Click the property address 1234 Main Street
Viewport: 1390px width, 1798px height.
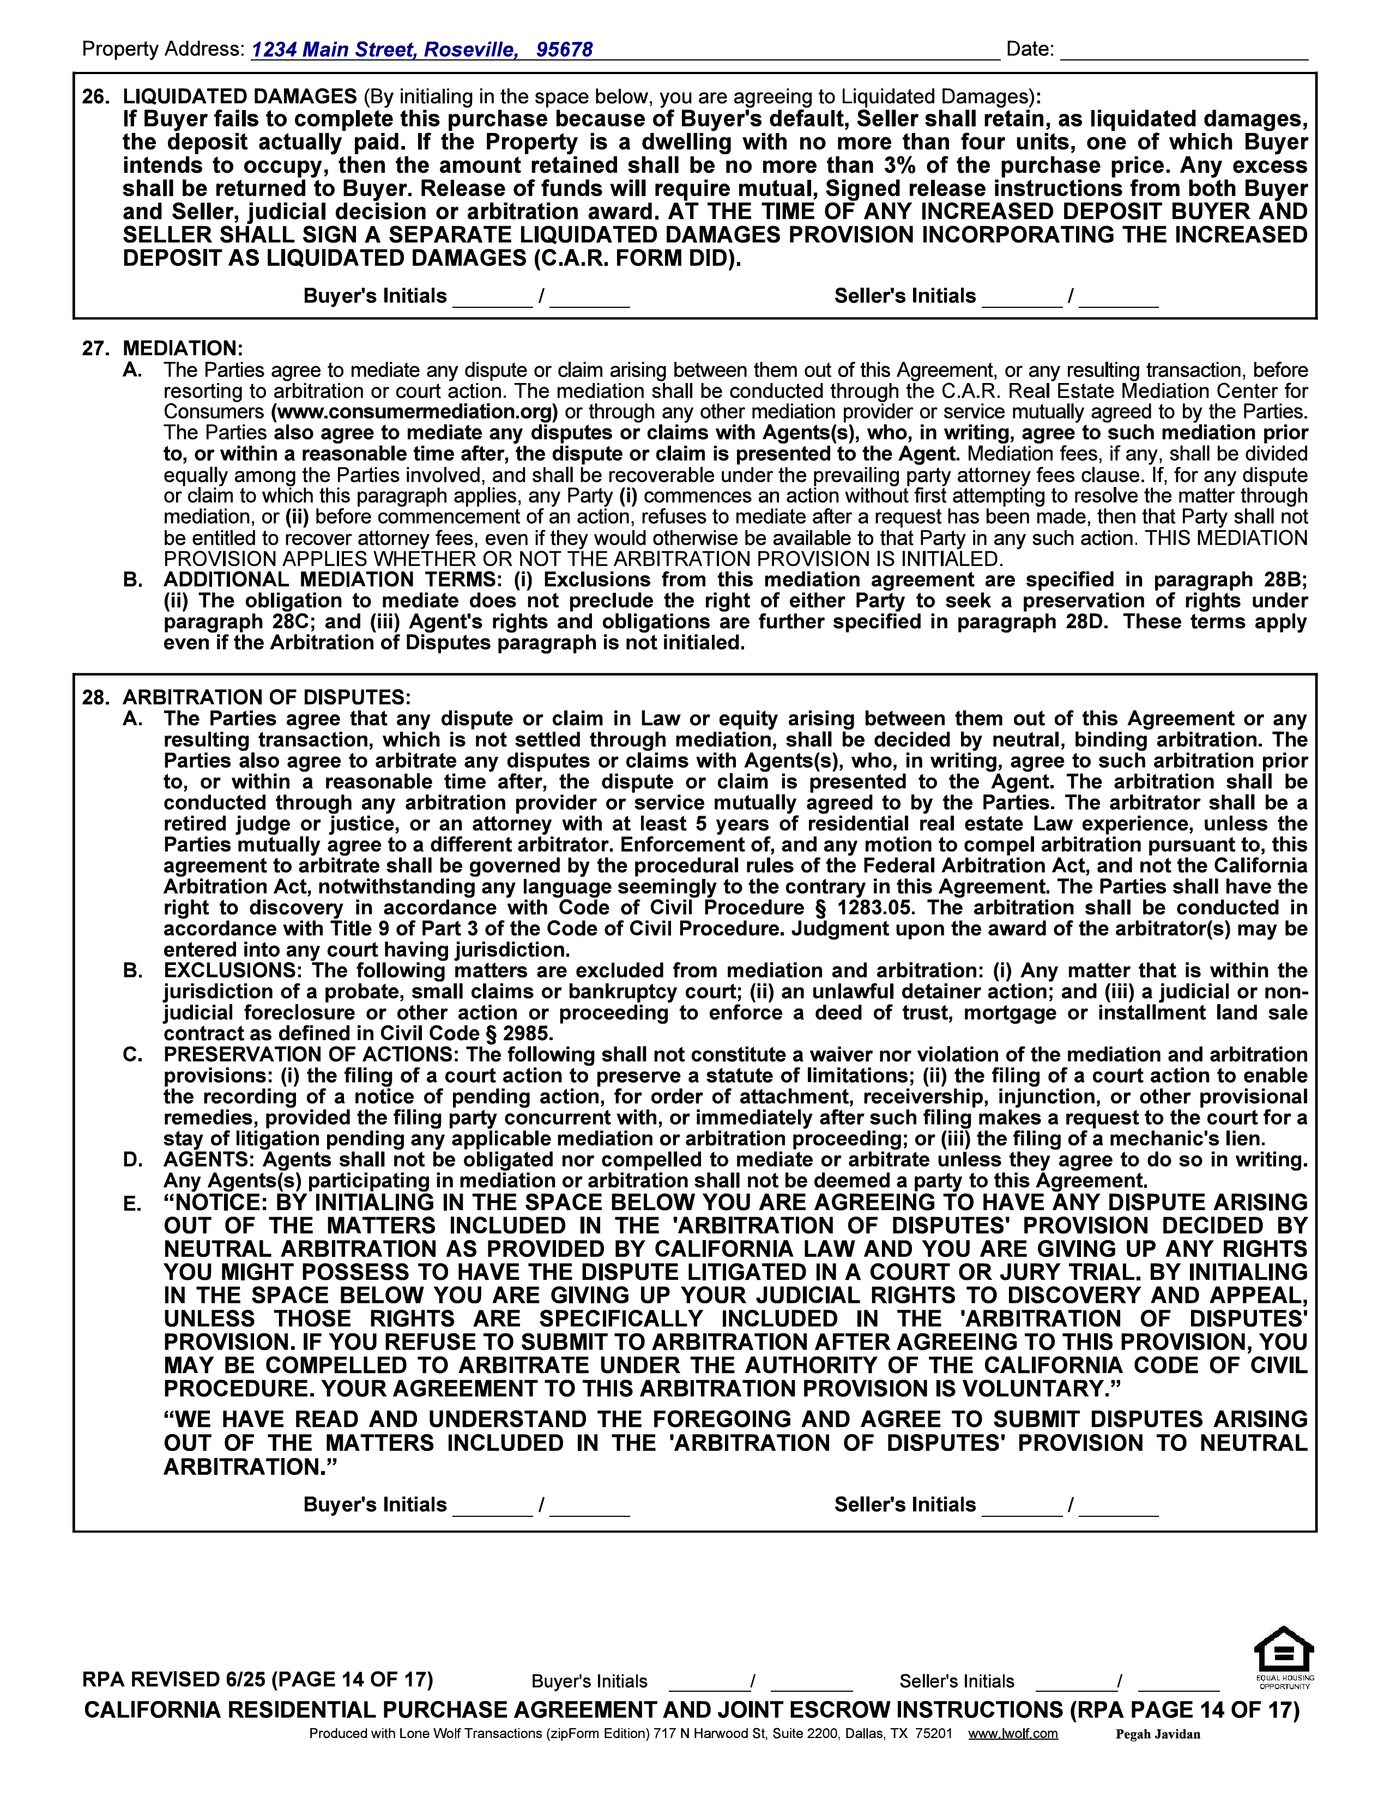point(334,50)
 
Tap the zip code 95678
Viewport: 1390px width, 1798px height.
point(564,50)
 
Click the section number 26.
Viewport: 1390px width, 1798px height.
point(95,96)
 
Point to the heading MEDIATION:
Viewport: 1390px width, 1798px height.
point(183,348)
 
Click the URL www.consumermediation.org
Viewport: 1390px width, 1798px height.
point(414,411)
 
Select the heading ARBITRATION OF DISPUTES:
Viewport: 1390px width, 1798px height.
point(266,697)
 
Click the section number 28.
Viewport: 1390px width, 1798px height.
point(95,697)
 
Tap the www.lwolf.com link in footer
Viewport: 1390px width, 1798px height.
point(1013,1733)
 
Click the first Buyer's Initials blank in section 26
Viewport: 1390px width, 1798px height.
point(492,298)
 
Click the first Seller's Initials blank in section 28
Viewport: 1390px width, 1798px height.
point(1022,1507)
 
